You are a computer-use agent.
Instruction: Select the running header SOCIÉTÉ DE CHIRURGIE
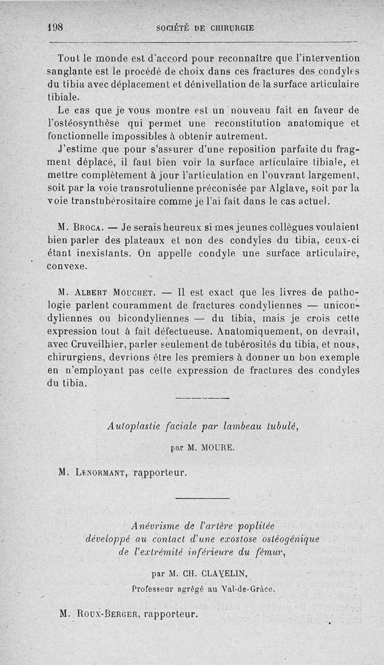point(205,28)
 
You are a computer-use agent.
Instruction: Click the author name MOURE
point(217,447)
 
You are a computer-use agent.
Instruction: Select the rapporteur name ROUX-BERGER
point(106,613)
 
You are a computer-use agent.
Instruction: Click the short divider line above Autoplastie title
point(203,398)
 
